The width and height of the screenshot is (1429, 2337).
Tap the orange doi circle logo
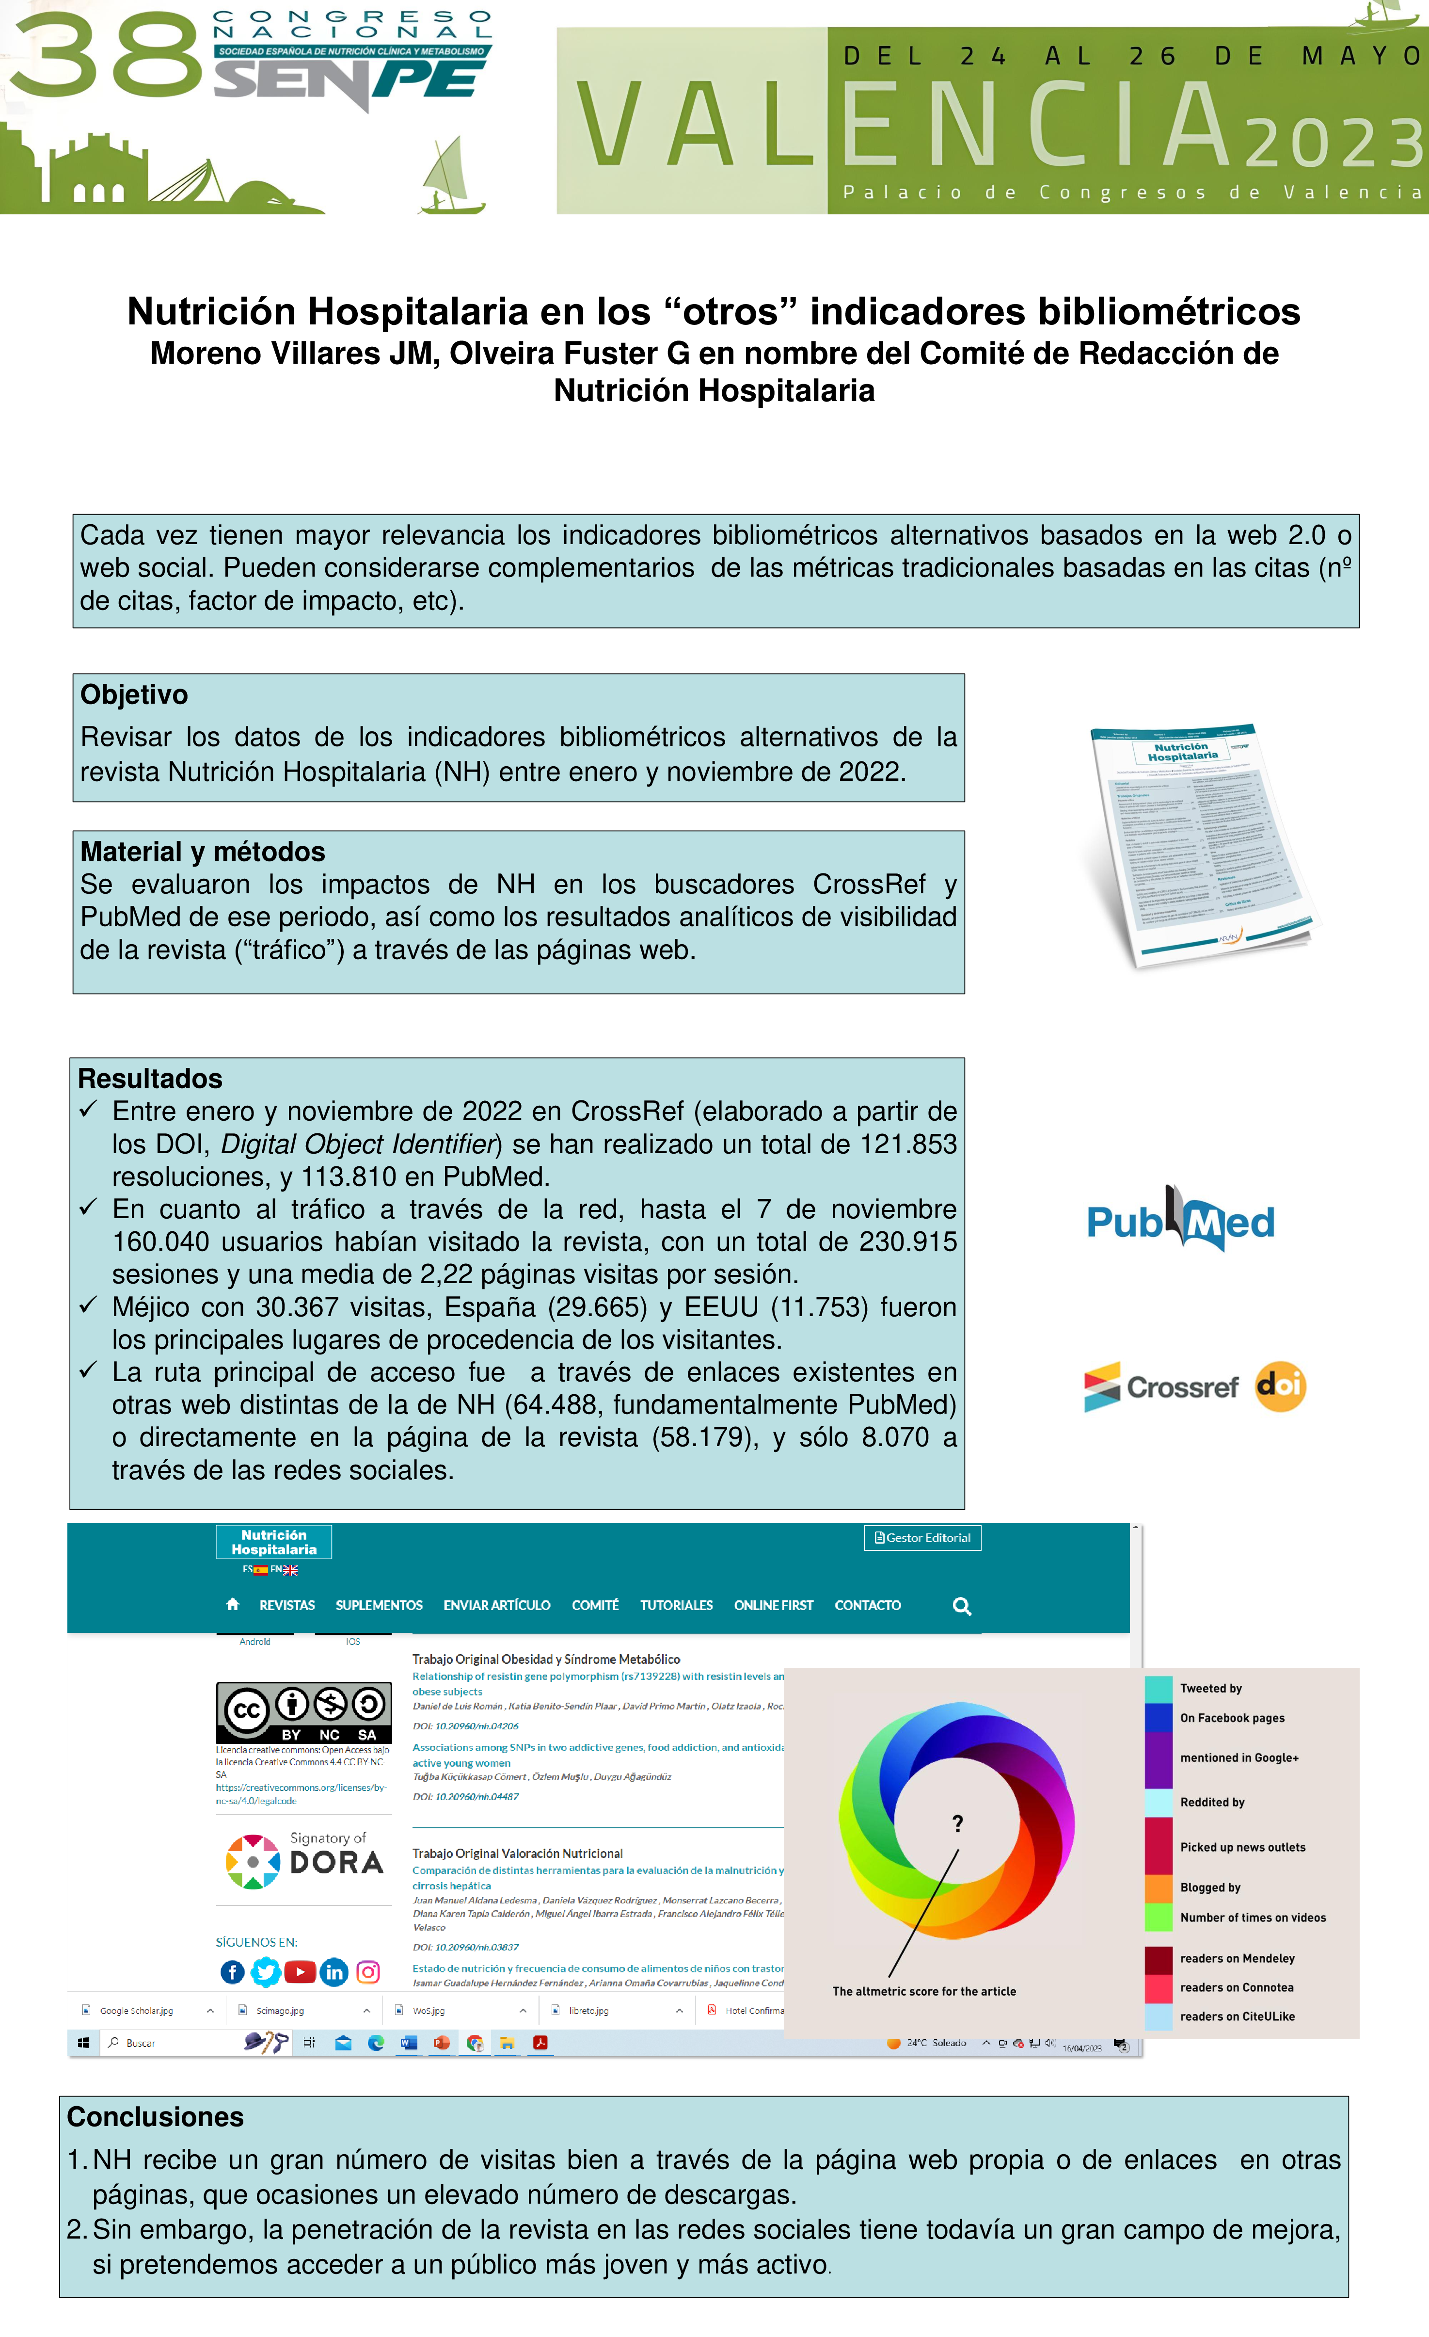coord(1280,1386)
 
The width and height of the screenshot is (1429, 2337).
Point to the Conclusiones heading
coord(155,2117)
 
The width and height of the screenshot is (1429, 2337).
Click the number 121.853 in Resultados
coord(907,1144)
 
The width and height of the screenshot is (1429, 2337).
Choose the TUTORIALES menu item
coord(676,1605)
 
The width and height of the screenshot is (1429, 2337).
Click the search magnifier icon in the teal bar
coord(962,1606)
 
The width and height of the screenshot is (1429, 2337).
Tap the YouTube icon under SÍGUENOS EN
coord(300,1972)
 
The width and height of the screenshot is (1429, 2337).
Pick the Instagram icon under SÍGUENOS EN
coord(368,1972)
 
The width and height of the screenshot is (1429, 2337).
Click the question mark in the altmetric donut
coord(958,1823)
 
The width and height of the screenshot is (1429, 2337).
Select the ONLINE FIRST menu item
coord(773,1605)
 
